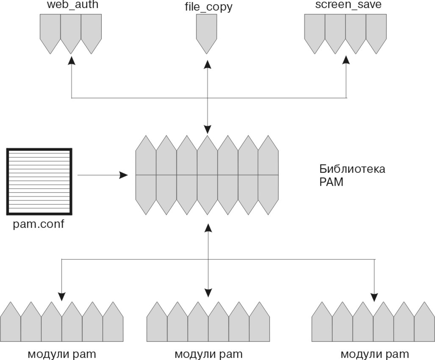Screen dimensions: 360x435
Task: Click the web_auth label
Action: [x=72, y=6]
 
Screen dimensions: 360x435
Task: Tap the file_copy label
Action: [x=208, y=7]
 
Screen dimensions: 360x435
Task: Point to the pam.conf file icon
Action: [x=39, y=181]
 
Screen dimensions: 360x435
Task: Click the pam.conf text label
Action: [x=39, y=224]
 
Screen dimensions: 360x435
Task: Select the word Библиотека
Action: [x=352, y=169]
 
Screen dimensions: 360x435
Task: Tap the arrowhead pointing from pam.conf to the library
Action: [x=124, y=175]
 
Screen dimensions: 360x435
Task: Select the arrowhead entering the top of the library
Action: [x=208, y=128]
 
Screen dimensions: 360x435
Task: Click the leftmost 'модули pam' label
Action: [x=62, y=354]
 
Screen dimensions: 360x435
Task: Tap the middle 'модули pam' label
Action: [x=208, y=354]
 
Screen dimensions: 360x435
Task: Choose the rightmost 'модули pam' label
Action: [x=375, y=354]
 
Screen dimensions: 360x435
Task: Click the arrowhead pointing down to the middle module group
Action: [x=208, y=292]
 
